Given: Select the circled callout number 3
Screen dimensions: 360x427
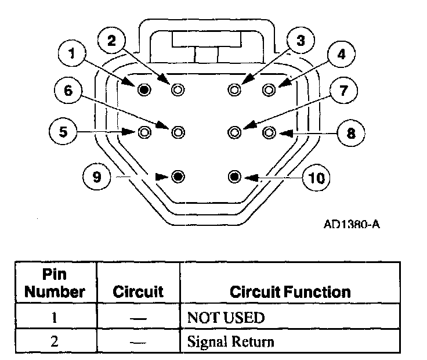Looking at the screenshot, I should click(299, 41).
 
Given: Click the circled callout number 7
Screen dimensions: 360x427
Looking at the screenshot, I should click(343, 91).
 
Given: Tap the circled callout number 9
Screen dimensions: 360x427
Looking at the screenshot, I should click(96, 176).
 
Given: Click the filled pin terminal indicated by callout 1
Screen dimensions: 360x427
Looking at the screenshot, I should click(144, 89).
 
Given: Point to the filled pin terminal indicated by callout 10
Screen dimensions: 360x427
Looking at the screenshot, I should click(234, 175).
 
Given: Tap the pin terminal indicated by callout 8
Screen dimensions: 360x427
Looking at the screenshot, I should click(268, 132).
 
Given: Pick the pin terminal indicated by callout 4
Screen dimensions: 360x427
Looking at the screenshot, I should click(268, 89).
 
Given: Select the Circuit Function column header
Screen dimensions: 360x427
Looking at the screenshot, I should click(290, 291).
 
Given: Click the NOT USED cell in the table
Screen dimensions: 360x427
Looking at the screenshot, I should click(225, 318).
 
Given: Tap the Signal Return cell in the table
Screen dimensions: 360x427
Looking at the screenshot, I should click(230, 341).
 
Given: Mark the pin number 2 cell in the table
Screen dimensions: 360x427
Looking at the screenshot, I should click(54, 341).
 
